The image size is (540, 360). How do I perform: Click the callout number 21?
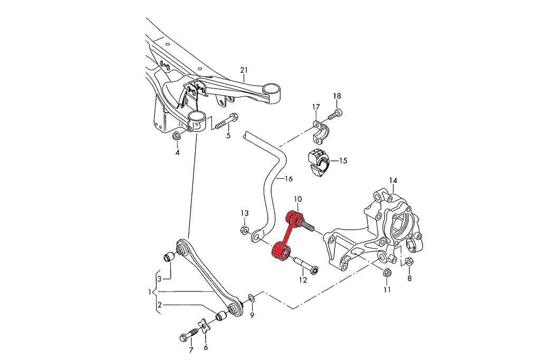[243, 70]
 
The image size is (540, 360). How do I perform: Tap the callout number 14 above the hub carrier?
[393, 181]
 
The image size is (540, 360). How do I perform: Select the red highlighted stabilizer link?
[286, 236]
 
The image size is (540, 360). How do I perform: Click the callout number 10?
[298, 199]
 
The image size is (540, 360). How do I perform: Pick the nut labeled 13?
[244, 230]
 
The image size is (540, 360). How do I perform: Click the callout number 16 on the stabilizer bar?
[288, 179]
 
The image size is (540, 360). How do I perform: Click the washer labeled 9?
[252, 299]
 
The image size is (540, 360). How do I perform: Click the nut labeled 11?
[386, 273]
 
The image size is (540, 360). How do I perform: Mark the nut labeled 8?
[411, 262]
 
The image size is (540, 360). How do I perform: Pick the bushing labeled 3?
[169, 257]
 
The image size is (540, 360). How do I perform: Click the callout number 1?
[149, 291]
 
